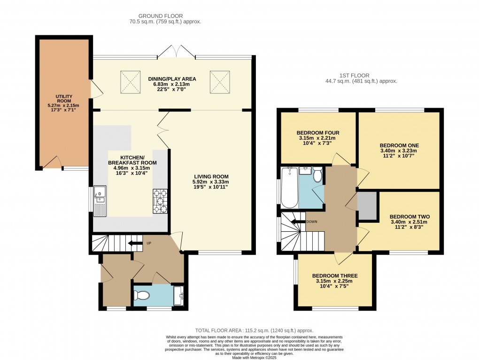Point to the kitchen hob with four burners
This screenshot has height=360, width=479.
(x=160, y=201)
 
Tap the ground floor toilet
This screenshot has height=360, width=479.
(x=141, y=296)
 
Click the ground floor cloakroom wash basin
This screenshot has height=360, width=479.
(x=178, y=295)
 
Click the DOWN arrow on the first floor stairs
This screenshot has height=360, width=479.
(x=298, y=221)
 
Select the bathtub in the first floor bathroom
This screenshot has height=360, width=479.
(x=288, y=188)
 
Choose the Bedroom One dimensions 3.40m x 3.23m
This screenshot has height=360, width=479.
(x=398, y=151)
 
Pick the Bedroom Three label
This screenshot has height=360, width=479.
(x=335, y=276)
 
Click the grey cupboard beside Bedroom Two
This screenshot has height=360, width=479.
(x=367, y=206)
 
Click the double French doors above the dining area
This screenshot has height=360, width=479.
(x=176, y=51)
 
